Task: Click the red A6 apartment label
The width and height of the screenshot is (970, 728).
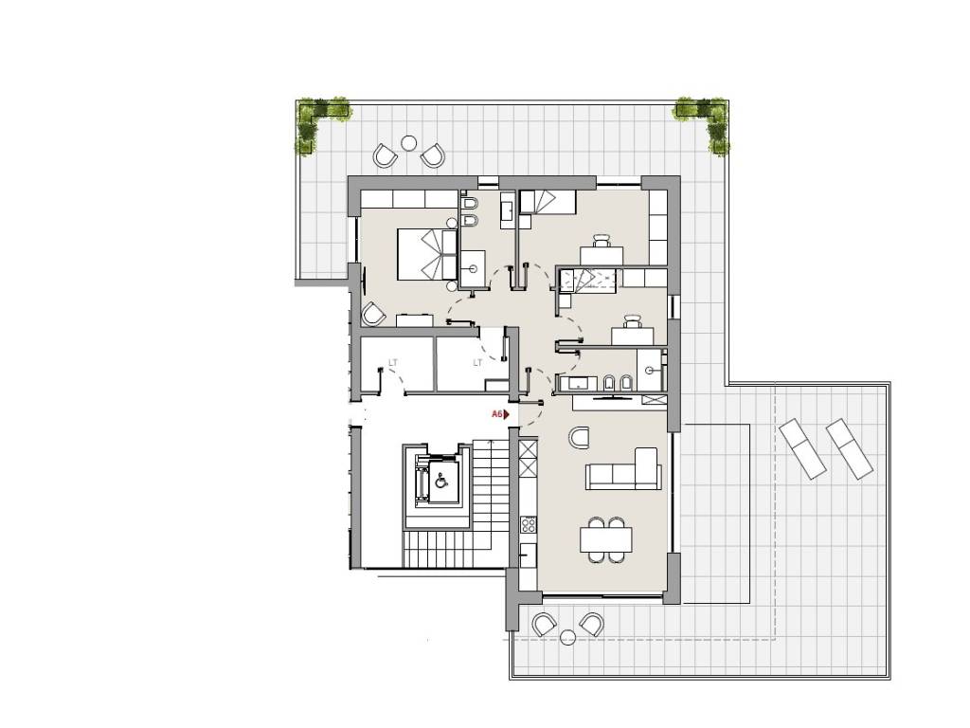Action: point(496,414)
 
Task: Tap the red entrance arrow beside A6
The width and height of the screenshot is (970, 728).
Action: point(507,414)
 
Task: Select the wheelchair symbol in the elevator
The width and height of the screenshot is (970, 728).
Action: point(441,480)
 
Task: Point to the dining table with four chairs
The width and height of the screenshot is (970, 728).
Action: point(606,539)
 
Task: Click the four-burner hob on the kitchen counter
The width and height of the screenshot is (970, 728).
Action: point(529,525)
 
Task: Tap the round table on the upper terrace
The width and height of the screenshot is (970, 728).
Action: point(408,144)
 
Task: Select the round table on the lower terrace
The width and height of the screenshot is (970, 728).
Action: point(567,637)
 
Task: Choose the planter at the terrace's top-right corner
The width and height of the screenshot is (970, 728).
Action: point(705,120)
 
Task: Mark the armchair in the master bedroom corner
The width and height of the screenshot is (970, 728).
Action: point(373,314)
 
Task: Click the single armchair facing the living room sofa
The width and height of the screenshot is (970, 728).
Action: point(580,437)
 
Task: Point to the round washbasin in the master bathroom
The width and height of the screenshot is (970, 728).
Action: point(474,268)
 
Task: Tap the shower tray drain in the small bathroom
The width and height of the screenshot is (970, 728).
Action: point(650,371)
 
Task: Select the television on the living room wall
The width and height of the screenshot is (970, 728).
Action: point(613,395)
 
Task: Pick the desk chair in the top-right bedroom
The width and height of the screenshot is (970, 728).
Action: point(602,240)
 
